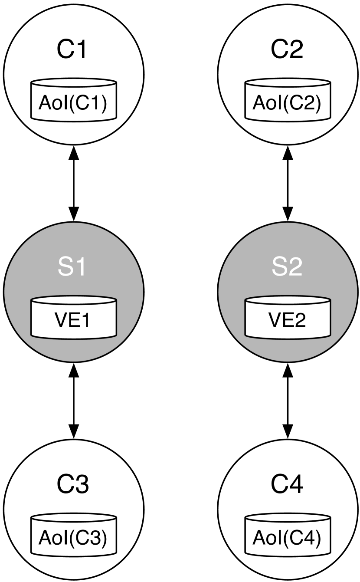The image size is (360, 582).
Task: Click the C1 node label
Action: tap(73, 50)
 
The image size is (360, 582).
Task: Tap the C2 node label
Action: tap(287, 50)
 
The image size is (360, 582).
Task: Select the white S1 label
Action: tap(73, 267)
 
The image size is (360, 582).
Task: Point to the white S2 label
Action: tap(287, 267)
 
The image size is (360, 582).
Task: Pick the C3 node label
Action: tap(73, 485)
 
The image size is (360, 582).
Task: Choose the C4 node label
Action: tap(287, 485)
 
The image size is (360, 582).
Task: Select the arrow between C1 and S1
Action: tap(74, 183)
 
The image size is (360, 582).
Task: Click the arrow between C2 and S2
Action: tap(288, 183)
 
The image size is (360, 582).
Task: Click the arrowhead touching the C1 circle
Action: tap(74, 153)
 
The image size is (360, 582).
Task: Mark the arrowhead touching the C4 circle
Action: tap(288, 431)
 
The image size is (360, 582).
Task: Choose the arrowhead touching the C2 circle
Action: tap(288, 153)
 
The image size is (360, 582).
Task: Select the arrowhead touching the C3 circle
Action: tap(74, 431)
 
